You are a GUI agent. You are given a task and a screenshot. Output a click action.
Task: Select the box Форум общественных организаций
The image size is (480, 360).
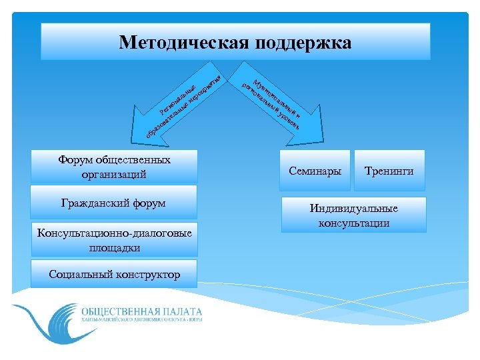pyautogui.click(x=115, y=167)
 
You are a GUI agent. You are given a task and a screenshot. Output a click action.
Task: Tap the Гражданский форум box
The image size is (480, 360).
pyautogui.click(x=115, y=203)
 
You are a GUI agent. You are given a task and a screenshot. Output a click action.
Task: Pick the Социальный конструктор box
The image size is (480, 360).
pyautogui.click(x=115, y=274)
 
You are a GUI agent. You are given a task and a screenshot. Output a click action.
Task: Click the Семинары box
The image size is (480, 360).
pyautogui.click(x=315, y=171)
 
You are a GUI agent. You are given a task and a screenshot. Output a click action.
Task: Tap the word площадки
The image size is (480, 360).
pyautogui.click(x=114, y=247)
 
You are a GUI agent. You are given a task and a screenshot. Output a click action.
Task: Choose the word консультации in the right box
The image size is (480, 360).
pyautogui.click(x=353, y=223)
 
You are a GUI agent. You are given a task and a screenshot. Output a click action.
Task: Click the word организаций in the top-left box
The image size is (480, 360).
pyautogui.click(x=114, y=175)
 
